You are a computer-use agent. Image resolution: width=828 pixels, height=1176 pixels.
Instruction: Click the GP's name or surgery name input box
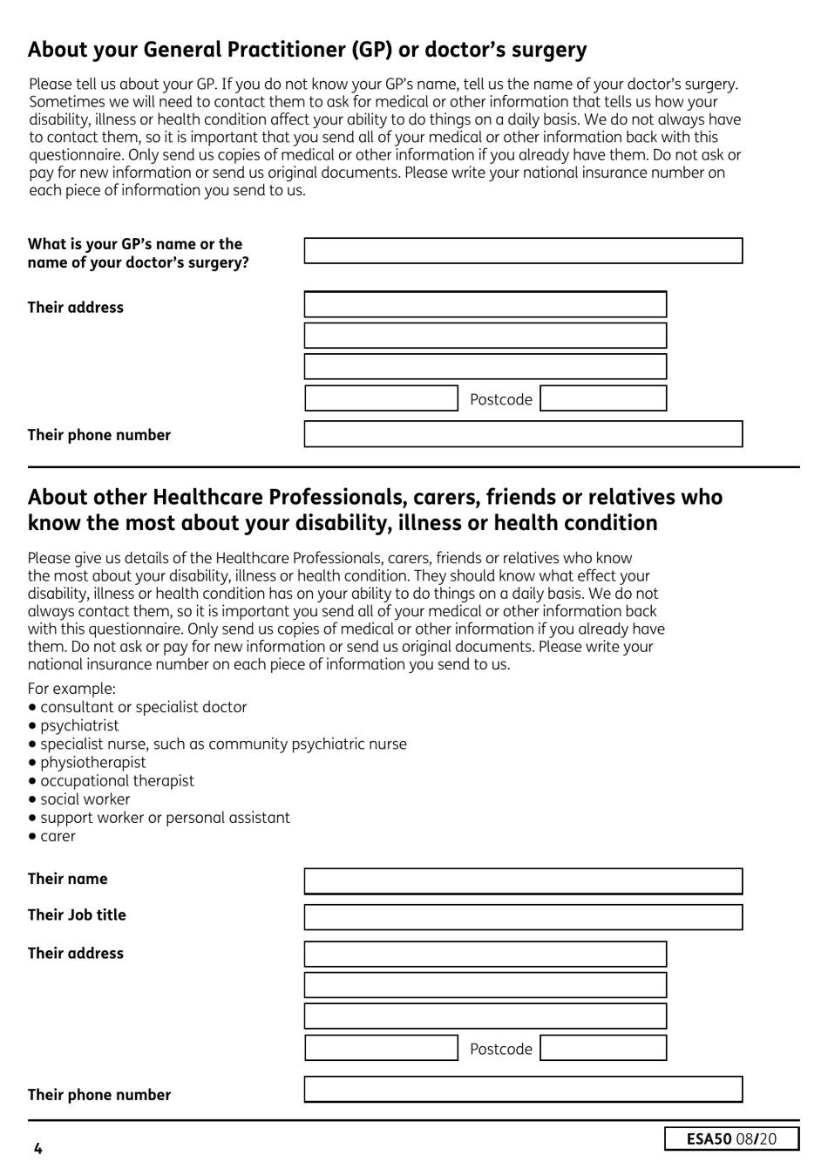click(523, 251)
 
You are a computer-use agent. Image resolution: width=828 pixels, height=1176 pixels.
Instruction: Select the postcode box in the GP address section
click(603, 398)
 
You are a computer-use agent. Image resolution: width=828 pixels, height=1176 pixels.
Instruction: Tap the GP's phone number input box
click(523, 434)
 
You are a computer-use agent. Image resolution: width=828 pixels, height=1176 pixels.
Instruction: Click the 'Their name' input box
click(523, 881)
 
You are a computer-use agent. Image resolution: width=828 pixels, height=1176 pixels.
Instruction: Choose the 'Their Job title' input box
click(523, 917)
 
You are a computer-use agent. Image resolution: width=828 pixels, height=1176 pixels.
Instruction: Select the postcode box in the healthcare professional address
click(603, 1048)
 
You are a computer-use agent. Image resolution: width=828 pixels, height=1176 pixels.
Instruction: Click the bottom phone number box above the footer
click(523, 1089)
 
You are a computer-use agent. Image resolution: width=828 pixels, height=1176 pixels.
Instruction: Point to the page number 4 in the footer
click(37, 1148)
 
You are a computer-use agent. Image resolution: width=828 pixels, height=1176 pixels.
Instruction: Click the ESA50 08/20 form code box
click(731, 1139)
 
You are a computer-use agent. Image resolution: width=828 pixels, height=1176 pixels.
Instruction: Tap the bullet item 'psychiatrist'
click(79, 725)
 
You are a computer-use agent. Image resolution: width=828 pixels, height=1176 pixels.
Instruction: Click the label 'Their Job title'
click(77, 914)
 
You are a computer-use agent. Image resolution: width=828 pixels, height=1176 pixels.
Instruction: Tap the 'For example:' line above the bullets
click(71, 688)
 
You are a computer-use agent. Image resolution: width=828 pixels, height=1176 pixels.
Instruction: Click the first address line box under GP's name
click(485, 304)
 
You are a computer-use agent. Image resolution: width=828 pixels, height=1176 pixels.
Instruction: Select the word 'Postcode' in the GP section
click(500, 399)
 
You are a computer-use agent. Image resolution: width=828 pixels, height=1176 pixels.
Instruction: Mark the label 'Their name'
click(67, 879)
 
